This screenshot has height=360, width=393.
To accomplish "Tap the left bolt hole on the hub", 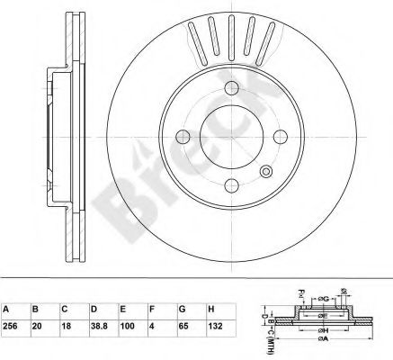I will pos(183,137).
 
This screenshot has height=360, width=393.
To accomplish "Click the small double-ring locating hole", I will pos(265,171).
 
